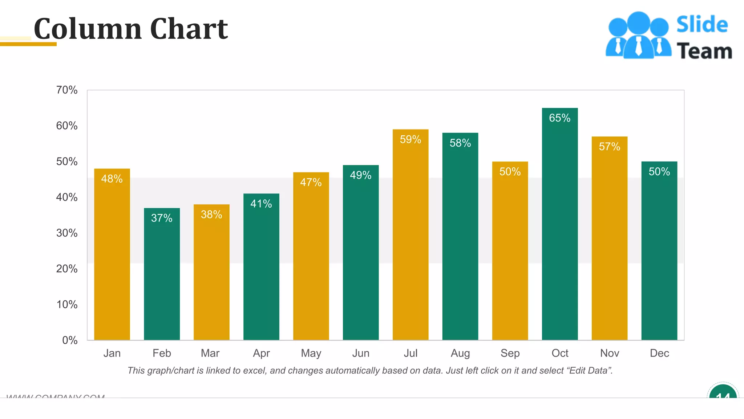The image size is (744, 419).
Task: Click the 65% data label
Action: click(x=559, y=118)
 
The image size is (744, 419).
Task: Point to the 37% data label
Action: click(x=162, y=218)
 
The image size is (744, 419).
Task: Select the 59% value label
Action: click(x=411, y=139)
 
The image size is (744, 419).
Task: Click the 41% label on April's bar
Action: click(x=261, y=204)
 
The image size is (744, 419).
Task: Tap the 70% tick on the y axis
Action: click(x=67, y=90)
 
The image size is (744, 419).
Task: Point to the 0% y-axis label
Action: click(x=70, y=340)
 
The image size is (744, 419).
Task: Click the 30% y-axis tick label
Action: click(x=67, y=233)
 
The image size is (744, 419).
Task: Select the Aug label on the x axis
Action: click(x=460, y=353)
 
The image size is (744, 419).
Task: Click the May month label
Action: click(x=311, y=353)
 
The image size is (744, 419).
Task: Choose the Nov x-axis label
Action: click(x=610, y=353)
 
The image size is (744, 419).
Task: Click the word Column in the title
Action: click(x=88, y=29)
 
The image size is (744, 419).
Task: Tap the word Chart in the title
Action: click(x=189, y=29)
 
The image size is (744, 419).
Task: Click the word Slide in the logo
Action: click(x=702, y=25)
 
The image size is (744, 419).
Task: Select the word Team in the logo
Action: click(x=704, y=51)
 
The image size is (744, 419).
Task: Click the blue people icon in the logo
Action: click(x=638, y=36)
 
